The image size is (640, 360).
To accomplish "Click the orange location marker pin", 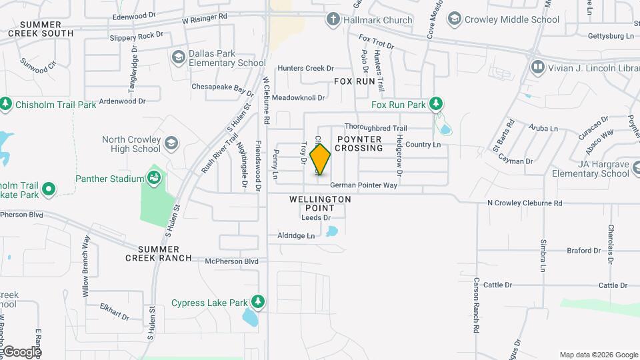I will pos(321,159).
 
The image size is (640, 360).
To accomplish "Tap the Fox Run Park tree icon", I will pos(436,103).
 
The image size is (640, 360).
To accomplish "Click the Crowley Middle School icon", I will pos(455,19).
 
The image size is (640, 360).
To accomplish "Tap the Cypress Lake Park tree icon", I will pos(257,302).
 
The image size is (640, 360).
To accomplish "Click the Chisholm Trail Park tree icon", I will pos(6,104).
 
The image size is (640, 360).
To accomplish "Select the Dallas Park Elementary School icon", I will pos(178,57).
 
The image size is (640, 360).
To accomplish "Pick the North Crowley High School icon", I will pos(171,143).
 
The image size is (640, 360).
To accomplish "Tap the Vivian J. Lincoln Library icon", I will pos(537,67).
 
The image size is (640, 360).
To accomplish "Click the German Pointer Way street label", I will pos(363,185).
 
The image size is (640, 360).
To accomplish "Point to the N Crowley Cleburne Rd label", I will pos(525,203).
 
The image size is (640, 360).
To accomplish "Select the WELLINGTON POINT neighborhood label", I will pos(320,199).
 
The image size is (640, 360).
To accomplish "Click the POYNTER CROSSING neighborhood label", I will pos(359,143).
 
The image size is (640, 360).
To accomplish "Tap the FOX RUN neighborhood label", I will pos(355,81).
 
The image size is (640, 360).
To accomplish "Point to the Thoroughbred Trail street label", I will pos(375,127).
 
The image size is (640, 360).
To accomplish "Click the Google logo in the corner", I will pos(22,351).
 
